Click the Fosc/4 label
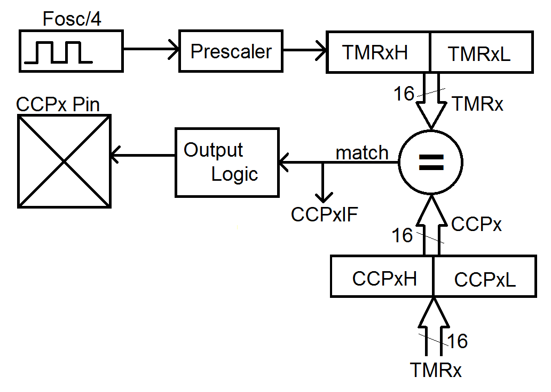coord(72,19)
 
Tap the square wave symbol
coord(58,52)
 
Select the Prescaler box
coord(231,51)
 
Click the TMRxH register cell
coord(378,52)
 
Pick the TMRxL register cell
coord(482,52)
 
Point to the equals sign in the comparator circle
coord(431,163)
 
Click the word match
coord(362,153)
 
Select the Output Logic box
coord(227,163)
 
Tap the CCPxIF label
coord(324,214)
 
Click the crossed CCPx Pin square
coord(64,161)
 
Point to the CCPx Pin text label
coord(58,104)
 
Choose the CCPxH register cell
coord(382,276)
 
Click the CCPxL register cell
coord(485,276)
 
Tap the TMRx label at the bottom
coord(436,370)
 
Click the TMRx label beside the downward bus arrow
coord(478,104)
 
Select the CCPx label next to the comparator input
coord(476,224)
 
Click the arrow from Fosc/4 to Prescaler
coord(151,49)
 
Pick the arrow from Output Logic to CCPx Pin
coord(143,155)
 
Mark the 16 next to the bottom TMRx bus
coord(458,341)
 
